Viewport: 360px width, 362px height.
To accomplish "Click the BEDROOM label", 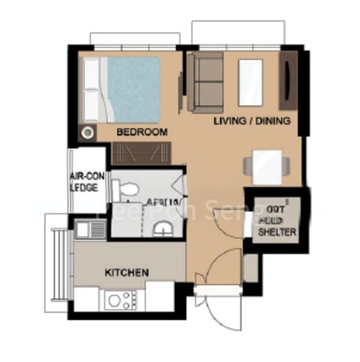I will click(142, 132).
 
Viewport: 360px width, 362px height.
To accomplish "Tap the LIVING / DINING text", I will click(252, 121).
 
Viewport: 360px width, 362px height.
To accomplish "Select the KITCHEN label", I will click(127, 273).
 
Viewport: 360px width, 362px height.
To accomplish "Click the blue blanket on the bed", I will click(134, 89).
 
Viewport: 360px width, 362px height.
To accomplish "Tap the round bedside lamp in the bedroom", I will click(88, 132).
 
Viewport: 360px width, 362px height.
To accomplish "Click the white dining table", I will click(267, 166).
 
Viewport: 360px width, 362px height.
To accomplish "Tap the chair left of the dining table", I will click(248, 166).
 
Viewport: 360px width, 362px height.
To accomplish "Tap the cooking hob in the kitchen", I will click(121, 299).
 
